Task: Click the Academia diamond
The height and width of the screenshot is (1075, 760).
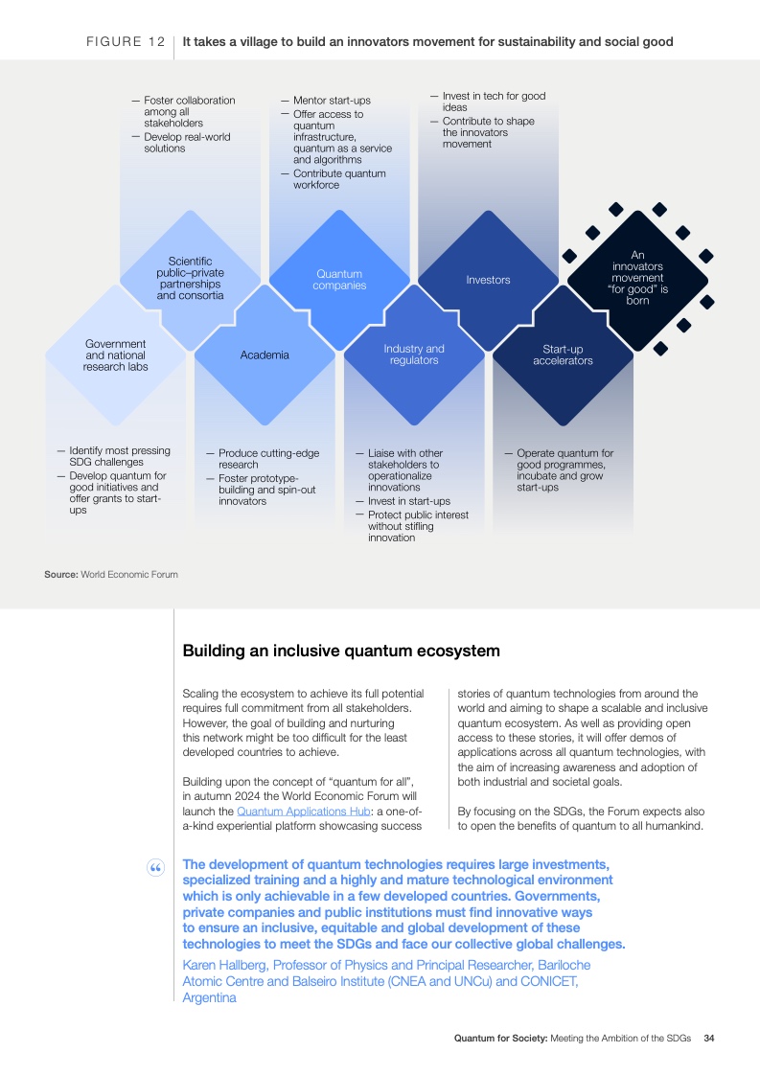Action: point(265,355)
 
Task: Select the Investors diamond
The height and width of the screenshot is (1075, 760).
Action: point(489,281)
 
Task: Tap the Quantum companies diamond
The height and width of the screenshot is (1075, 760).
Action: point(339,281)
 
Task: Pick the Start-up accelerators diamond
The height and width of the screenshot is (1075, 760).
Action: point(564,355)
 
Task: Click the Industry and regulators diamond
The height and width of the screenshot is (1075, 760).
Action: point(414,355)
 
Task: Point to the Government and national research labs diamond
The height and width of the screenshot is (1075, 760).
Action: point(115,355)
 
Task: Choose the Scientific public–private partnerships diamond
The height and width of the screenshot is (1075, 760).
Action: point(190,281)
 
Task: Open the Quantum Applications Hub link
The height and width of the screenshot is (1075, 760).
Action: point(303,812)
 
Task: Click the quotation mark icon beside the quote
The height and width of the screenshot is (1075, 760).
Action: point(155,869)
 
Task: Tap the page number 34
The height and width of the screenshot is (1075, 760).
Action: point(709,1038)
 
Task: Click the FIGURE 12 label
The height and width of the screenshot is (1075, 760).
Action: point(126,42)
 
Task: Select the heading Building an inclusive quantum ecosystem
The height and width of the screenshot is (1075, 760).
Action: point(341,651)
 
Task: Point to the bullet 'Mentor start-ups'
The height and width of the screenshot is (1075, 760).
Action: point(326,100)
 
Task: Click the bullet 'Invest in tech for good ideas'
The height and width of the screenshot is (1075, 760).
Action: point(489,102)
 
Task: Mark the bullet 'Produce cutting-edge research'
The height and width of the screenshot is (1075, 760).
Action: point(263,459)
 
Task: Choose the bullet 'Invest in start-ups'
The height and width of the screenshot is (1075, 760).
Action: point(403,501)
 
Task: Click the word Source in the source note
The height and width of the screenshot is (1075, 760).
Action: point(61,575)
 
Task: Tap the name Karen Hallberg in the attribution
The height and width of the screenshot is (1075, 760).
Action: point(224,966)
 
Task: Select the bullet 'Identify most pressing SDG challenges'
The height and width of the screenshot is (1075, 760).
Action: point(114,456)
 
